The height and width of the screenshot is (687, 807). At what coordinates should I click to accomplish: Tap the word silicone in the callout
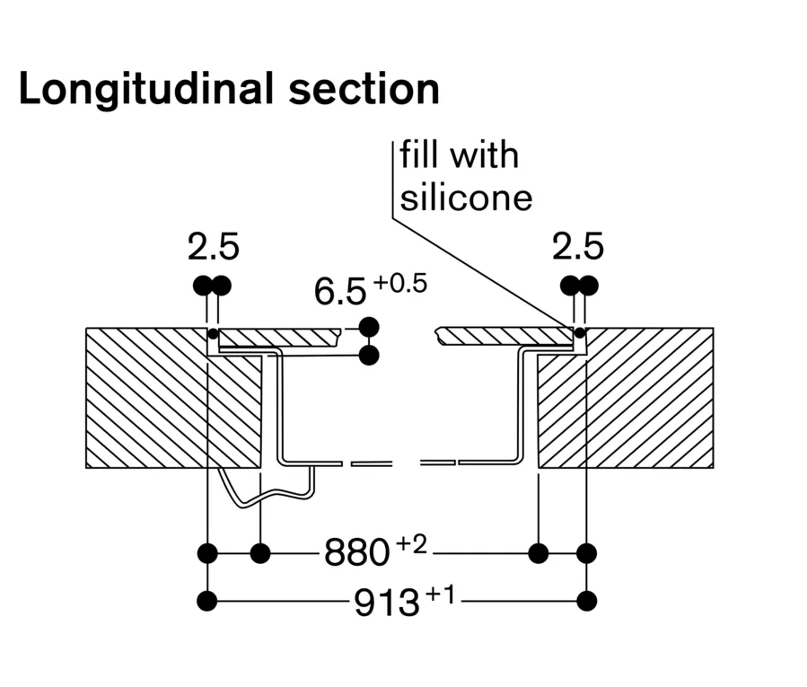pos(466,196)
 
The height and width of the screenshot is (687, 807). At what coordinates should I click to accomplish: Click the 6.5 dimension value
pos(340,292)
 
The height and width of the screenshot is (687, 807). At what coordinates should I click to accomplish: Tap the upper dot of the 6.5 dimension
pos(368,326)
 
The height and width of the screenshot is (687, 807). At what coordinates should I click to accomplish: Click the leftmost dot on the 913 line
pos(208,601)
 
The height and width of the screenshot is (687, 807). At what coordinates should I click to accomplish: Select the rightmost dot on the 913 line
pos(588,601)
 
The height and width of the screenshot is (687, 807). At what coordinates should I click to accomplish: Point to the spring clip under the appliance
pos(269,489)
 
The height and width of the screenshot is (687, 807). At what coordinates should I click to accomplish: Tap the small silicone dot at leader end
pos(579,332)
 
